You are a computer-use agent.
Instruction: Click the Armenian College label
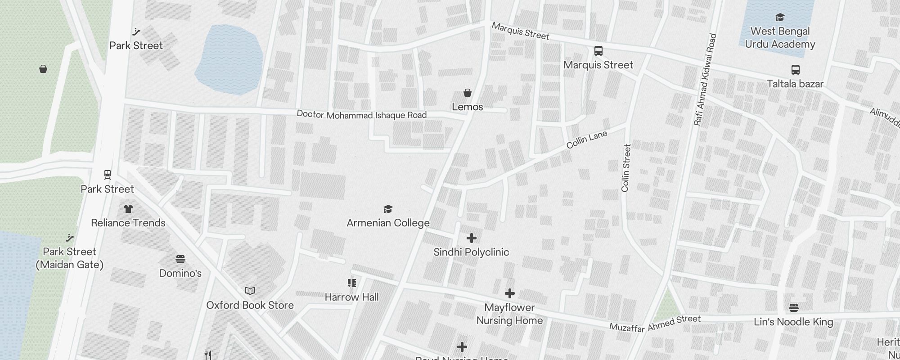(x=388, y=223)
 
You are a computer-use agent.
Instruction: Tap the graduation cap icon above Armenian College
(x=388, y=209)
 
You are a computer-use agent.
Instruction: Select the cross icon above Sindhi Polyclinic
(x=471, y=238)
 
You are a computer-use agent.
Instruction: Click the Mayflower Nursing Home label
(x=509, y=314)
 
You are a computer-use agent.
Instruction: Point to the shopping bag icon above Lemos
(x=468, y=93)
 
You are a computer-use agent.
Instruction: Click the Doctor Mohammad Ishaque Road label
(x=361, y=115)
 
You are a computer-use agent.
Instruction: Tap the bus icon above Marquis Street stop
(x=598, y=50)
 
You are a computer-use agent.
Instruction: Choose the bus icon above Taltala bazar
(x=795, y=70)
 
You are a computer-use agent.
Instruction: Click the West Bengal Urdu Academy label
(x=780, y=38)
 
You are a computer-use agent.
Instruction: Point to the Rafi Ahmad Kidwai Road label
(x=705, y=80)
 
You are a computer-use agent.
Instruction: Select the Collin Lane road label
(x=586, y=139)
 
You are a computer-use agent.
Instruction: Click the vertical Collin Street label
(x=626, y=168)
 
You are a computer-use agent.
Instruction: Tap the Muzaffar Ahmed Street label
(x=655, y=324)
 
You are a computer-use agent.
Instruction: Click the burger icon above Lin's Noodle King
(x=793, y=308)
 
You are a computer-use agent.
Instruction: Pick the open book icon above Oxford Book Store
(x=250, y=291)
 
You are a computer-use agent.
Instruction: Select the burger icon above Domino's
(x=180, y=259)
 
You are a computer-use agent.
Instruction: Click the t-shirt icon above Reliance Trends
(x=128, y=209)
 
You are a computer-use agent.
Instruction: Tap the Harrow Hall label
(x=351, y=297)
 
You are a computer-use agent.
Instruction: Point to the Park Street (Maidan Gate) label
(x=70, y=258)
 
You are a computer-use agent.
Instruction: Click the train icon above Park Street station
(x=107, y=174)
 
